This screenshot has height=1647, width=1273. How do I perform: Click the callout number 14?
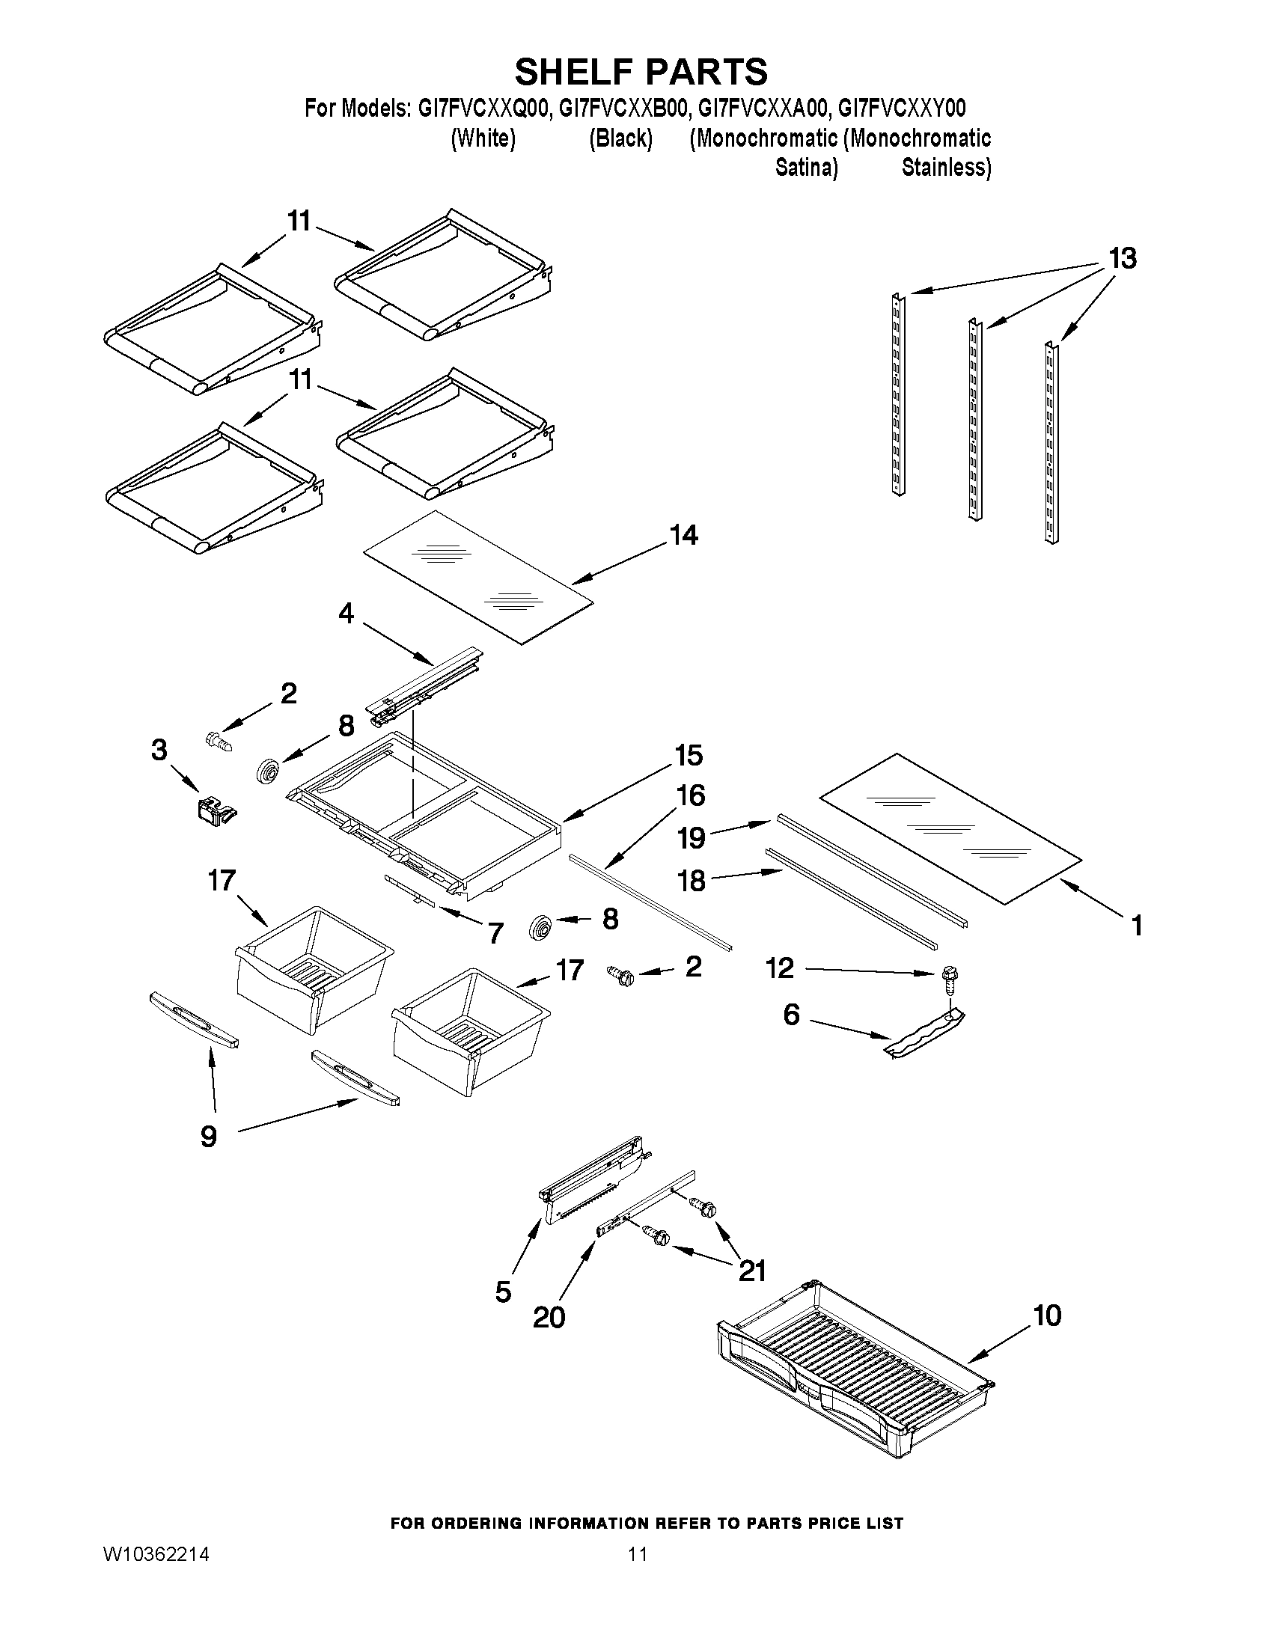pos(684,536)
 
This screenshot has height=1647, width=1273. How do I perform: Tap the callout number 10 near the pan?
pos(1047,1316)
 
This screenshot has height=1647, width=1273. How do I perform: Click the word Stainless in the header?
pos(946,167)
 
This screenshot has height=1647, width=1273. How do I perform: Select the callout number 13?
pos(1122,259)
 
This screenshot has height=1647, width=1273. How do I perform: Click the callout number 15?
pos(689,755)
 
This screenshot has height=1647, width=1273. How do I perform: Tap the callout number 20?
pos(549,1318)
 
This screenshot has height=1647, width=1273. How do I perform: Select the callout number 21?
pos(751,1271)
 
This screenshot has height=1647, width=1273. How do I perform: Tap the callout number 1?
pos(1137,926)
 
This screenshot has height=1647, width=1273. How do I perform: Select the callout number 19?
pos(691,838)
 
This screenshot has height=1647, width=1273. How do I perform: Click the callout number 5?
pos(504,1292)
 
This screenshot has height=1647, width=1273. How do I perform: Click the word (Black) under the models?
pos(620,138)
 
